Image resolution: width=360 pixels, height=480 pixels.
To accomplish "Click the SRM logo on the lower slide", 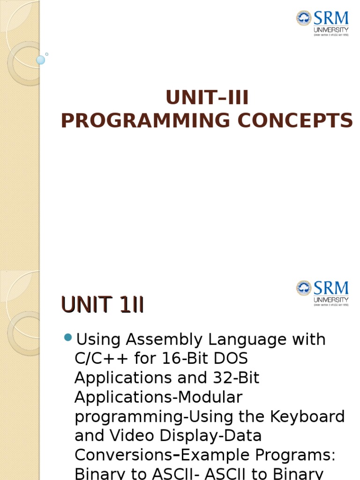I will [x=322, y=292].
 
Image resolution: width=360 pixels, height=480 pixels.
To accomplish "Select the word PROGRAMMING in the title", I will [x=146, y=120].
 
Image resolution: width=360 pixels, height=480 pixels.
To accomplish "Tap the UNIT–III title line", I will [x=207, y=97].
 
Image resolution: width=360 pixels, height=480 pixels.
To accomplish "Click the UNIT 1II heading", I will [x=102, y=306].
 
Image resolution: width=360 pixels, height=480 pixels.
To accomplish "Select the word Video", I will [x=132, y=435].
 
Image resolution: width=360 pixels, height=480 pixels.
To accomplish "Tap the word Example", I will [x=217, y=455].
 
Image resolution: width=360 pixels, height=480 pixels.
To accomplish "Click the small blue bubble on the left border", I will [x=41, y=60].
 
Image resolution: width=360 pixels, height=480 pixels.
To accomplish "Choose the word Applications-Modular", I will [x=158, y=397].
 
